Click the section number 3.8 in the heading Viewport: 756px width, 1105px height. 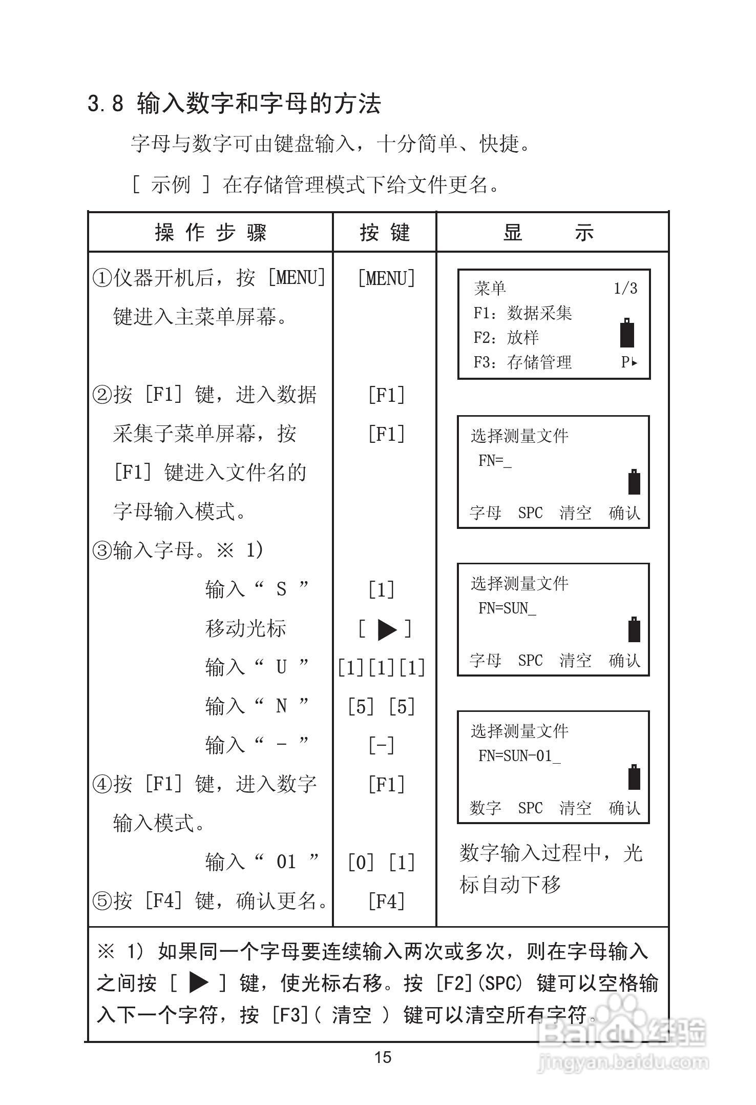click(106, 104)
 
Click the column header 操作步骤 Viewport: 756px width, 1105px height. click(211, 233)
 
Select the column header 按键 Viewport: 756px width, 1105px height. click(385, 233)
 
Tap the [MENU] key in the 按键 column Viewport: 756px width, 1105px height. click(386, 278)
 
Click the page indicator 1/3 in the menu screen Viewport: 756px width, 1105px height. click(625, 289)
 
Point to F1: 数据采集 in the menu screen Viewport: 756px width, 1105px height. click(522, 313)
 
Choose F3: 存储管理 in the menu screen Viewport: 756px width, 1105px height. click(522, 362)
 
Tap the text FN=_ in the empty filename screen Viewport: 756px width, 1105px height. click(495, 461)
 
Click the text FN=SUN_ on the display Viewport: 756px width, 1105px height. click(507, 608)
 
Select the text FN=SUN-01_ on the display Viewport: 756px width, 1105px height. click(519, 756)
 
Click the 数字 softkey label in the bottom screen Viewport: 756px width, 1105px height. click(485, 808)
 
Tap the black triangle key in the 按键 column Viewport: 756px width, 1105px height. click(387, 629)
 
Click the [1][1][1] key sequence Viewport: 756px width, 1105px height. click(382, 668)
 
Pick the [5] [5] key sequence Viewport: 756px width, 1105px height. click(382, 707)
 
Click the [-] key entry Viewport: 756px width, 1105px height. click(382, 745)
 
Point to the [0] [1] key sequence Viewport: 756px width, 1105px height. click(382, 863)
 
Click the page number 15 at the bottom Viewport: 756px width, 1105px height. click(383, 1057)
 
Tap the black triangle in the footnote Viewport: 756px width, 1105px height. click(199, 983)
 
